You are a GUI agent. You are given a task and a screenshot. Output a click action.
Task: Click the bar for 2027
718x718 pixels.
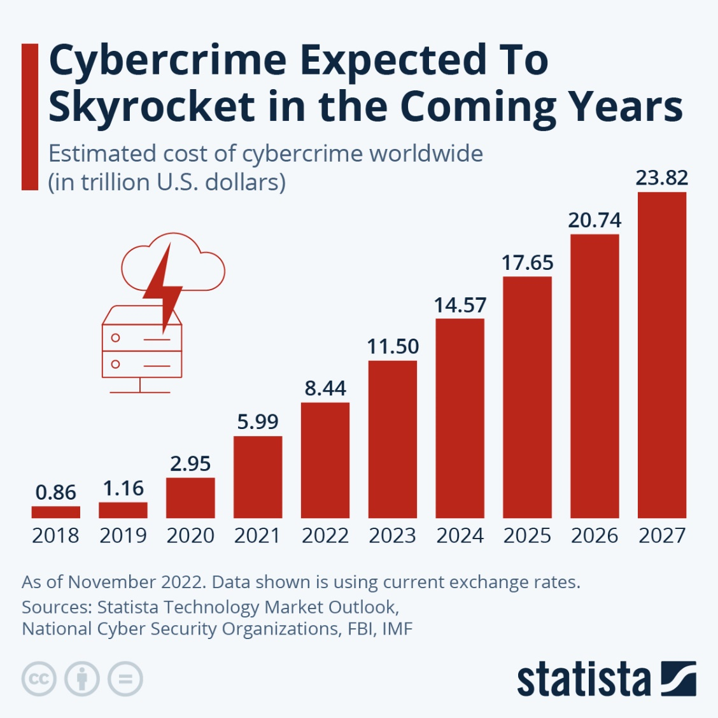pos(662,355)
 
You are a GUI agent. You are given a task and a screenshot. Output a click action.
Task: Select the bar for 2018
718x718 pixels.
pos(56,512)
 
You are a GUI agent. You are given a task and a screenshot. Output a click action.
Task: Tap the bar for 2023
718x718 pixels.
pos(393,439)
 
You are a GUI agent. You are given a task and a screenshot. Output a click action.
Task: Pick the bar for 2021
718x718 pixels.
pos(258,477)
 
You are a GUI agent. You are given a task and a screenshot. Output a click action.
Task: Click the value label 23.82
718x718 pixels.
pos(662,178)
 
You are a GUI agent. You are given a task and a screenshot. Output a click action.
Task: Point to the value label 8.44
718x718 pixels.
pos(325,388)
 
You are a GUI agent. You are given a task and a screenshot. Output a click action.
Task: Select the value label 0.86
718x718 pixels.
pos(56,492)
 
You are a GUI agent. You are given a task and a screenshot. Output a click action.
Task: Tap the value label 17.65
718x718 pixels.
pos(527,262)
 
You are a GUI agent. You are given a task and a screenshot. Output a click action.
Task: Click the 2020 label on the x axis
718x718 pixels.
pos(190,535)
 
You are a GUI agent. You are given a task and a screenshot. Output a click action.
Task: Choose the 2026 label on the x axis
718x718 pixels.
pos(595,535)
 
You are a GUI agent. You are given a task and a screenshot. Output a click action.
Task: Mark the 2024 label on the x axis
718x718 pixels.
pos(460,535)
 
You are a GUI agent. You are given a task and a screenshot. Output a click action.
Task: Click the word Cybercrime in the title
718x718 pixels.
pos(167,61)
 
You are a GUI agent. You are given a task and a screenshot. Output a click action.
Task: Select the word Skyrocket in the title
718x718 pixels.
pos(151,106)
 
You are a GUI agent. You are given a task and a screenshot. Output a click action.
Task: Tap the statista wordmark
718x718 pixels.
pos(584,679)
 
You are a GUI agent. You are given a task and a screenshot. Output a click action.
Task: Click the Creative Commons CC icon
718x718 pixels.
pos(39,679)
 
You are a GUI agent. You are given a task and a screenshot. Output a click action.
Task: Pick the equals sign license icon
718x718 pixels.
pos(125,679)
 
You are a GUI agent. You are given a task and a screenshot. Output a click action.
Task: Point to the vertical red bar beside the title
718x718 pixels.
pos(30,116)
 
